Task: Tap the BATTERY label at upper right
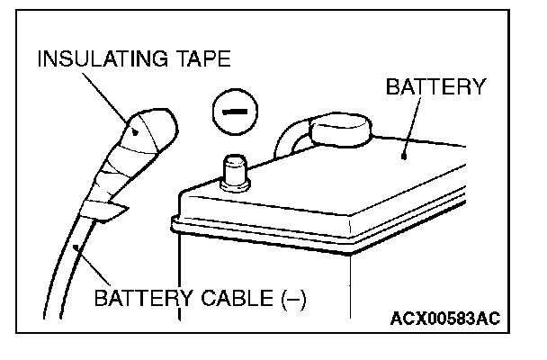coord(435,87)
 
